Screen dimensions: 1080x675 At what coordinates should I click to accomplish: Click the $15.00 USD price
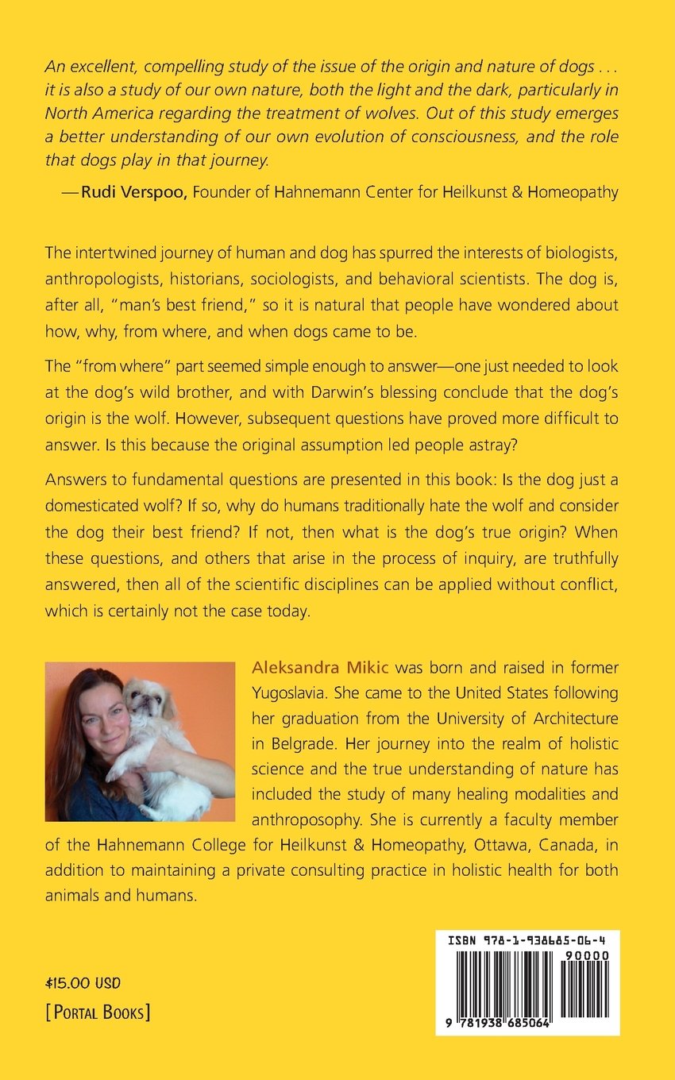click(83, 983)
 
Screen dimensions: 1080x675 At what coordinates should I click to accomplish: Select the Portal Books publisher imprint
click(98, 1012)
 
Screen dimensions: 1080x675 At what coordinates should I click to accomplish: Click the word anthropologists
click(111, 280)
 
